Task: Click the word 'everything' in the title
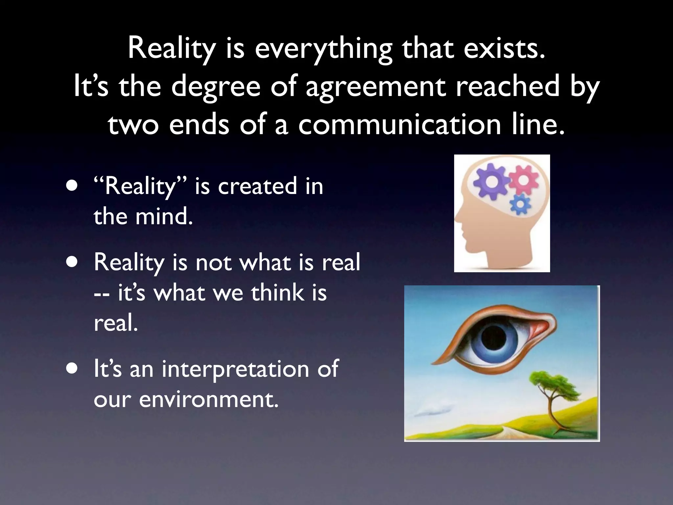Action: (x=323, y=49)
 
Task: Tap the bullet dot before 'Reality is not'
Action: (x=72, y=262)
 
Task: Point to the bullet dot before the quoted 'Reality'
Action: (x=72, y=186)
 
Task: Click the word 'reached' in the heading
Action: (x=507, y=86)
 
